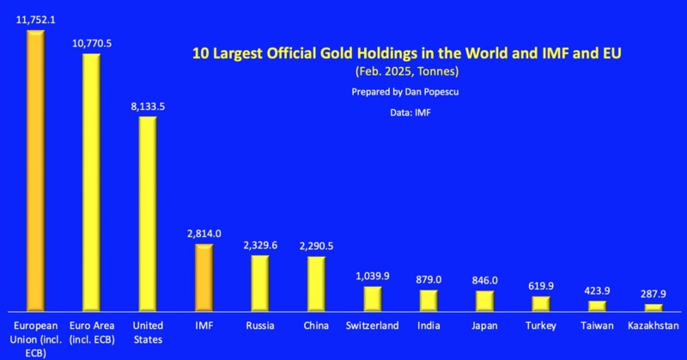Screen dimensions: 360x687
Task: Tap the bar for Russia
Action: pyautogui.click(x=259, y=283)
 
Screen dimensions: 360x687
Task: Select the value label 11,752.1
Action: pyautogui.click(x=35, y=18)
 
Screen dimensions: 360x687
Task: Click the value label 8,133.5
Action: pyautogui.click(x=146, y=105)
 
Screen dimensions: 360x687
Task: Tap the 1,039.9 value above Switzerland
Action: pyautogui.click(x=372, y=276)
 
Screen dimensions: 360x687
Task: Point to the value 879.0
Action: pyautogui.click(x=428, y=279)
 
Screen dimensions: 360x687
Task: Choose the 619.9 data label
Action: pyautogui.click(x=540, y=286)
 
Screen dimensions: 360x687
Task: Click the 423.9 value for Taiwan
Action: pyautogui.click(x=596, y=290)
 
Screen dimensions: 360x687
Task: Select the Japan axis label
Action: pyautogui.click(x=484, y=326)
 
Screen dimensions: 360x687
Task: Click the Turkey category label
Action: pyautogui.click(x=540, y=326)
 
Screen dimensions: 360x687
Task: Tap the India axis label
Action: pyautogui.click(x=429, y=326)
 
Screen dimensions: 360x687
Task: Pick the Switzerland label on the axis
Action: pyautogui.click(x=372, y=326)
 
